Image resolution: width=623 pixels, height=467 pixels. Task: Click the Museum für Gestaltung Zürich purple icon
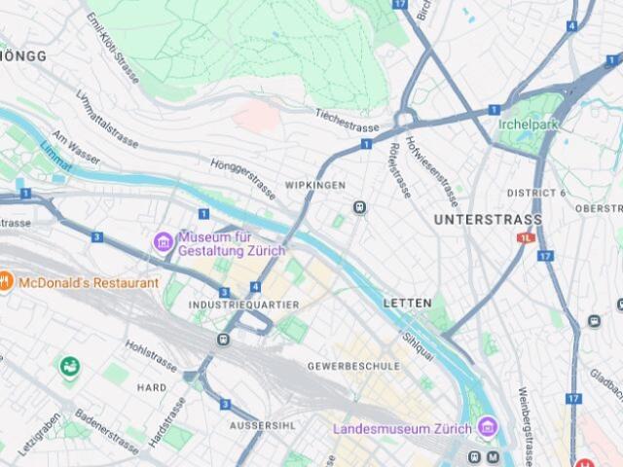pyautogui.click(x=163, y=241)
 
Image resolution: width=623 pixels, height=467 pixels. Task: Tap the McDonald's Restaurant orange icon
pyautogui.click(x=6, y=282)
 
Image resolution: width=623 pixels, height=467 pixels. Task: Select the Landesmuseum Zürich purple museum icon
pyautogui.click(x=487, y=427)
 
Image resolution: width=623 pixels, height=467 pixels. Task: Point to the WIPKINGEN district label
pyautogui.click(x=314, y=185)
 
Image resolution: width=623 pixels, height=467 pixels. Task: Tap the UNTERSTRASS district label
pyautogui.click(x=488, y=220)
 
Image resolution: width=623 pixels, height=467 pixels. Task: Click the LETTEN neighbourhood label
pyautogui.click(x=407, y=304)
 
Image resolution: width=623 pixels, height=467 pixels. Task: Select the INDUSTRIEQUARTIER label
pyautogui.click(x=243, y=305)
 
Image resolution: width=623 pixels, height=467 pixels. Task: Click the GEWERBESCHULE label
pyautogui.click(x=353, y=366)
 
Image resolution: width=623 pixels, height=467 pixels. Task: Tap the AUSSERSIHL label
pyautogui.click(x=262, y=426)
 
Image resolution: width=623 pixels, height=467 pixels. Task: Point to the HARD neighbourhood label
pyautogui.click(x=152, y=387)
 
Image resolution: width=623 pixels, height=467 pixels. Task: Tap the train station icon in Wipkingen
pyautogui.click(x=360, y=207)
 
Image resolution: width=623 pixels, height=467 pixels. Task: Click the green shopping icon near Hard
pyautogui.click(x=69, y=368)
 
